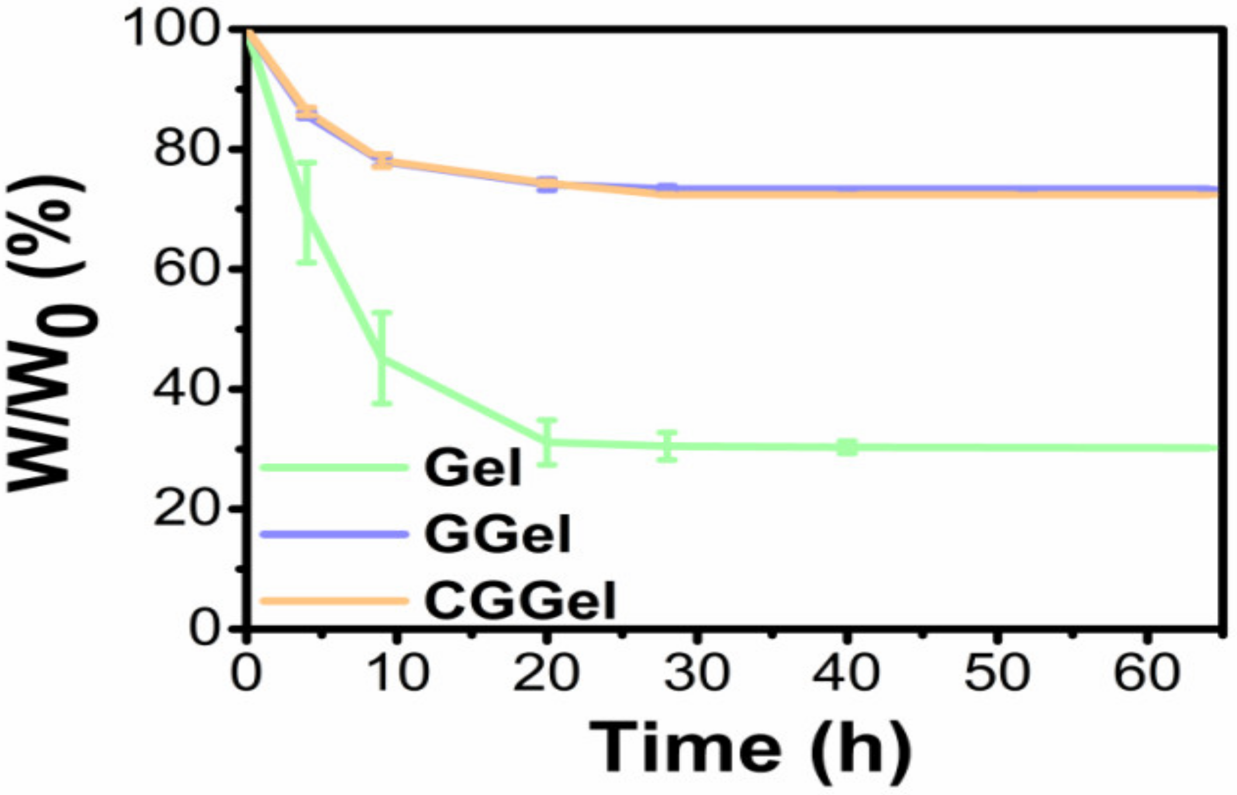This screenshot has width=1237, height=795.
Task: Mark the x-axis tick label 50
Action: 997,672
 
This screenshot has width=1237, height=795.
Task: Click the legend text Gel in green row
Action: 472,468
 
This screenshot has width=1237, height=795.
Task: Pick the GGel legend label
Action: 497,534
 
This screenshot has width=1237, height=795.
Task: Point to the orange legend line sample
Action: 333,601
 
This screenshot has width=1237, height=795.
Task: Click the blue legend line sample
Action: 333,534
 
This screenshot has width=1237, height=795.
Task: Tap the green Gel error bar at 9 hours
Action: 382,358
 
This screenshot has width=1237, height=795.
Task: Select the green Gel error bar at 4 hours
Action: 307,213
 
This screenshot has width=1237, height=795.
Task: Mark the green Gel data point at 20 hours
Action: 547,443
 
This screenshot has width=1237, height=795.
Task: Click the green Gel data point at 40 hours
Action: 847,448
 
